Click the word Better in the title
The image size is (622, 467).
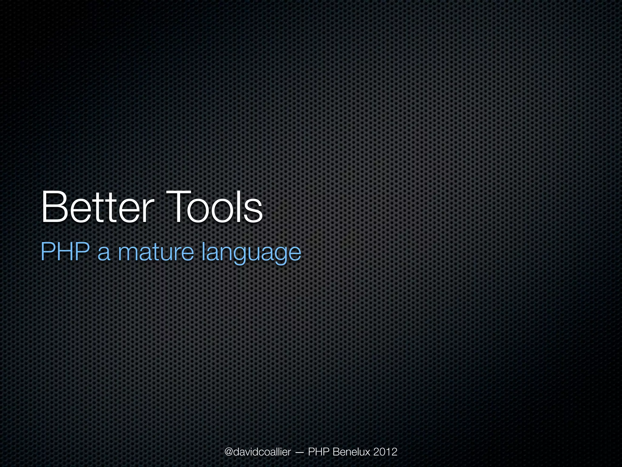coord(96,207)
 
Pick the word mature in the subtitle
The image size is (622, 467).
coord(155,252)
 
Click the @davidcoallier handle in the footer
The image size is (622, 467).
coord(258,452)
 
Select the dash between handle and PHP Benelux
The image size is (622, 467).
coord(299,453)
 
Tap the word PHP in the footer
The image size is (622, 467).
coord(319,452)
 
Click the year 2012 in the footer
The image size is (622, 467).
coord(385,452)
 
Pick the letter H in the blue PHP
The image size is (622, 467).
coord(65,252)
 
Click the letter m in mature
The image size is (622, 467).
coord(128,254)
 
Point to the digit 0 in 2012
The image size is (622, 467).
coord(382,452)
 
